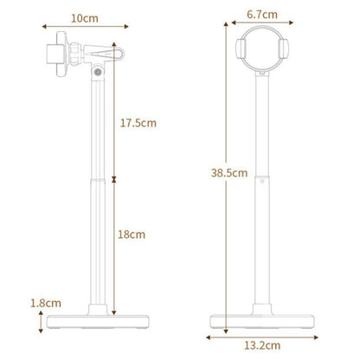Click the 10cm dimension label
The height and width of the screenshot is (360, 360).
(83, 17)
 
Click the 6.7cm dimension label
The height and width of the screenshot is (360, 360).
(260, 14)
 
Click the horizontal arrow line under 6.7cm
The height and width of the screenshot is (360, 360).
(260, 26)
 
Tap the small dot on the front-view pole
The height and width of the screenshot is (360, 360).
(261, 183)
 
